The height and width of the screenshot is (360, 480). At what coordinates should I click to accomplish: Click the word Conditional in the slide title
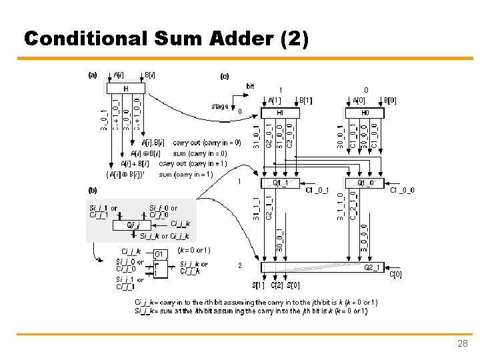click(x=81, y=39)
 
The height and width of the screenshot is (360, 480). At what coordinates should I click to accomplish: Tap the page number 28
click(x=462, y=343)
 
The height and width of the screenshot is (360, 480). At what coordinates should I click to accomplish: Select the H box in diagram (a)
click(x=125, y=88)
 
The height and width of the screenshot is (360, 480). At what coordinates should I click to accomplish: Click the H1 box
click(x=279, y=113)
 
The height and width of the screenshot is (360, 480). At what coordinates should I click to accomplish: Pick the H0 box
click(x=365, y=113)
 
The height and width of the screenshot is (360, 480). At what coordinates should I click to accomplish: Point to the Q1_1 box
click(x=279, y=182)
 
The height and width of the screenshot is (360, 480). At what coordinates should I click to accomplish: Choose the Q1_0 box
click(x=365, y=182)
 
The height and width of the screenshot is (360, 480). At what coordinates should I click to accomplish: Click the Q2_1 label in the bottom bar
click(x=373, y=267)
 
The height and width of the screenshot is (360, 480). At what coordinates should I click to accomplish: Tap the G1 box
click(x=159, y=254)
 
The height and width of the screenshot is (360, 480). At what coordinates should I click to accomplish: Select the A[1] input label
click(x=275, y=101)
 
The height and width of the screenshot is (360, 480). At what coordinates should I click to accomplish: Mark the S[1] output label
click(x=258, y=286)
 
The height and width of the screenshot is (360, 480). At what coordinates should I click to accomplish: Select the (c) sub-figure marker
click(x=225, y=76)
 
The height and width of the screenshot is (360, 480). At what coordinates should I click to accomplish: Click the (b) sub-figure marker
click(x=93, y=190)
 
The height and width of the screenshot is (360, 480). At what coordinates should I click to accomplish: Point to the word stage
click(x=219, y=106)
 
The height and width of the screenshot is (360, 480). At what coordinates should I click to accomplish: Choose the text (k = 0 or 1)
click(x=194, y=250)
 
